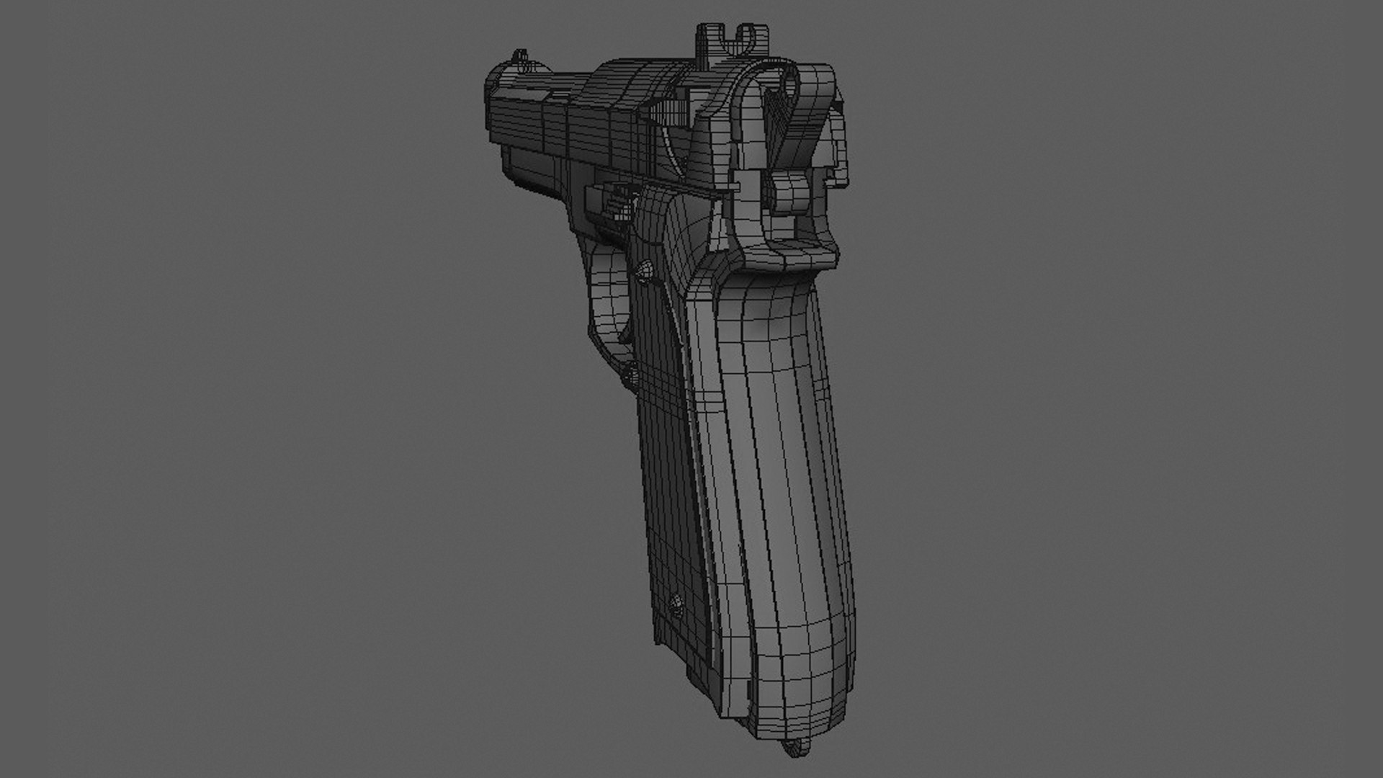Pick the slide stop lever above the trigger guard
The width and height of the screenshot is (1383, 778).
(x=612, y=198)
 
